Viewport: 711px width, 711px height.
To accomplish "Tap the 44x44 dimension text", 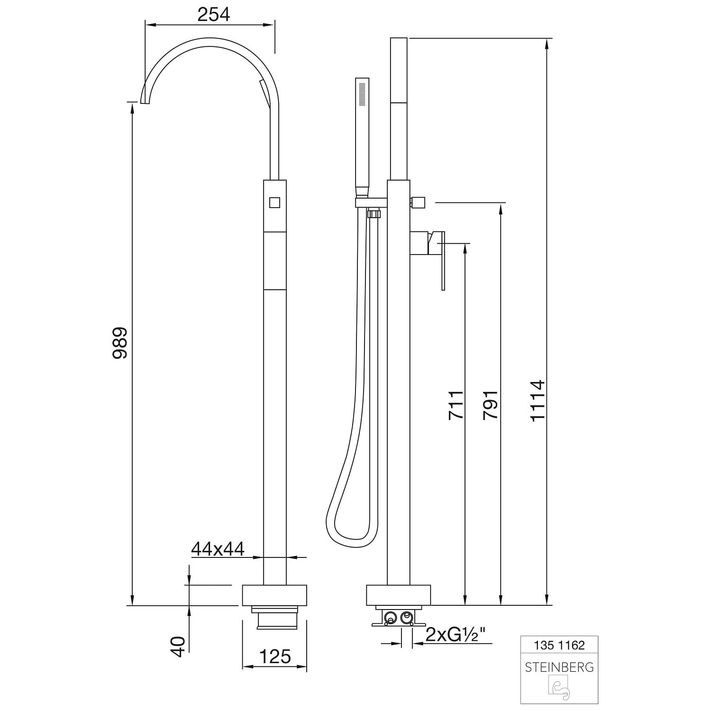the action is [x=218, y=548].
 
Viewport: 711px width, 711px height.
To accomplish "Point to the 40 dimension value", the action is [x=178, y=647].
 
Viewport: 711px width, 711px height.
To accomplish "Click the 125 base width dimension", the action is [x=275, y=656].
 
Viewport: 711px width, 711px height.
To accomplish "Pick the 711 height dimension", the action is [x=456, y=404].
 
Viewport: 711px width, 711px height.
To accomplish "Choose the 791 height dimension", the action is [x=490, y=404].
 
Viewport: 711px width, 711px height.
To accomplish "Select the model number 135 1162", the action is [x=559, y=645].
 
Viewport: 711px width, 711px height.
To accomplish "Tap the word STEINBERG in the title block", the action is [x=559, y=667].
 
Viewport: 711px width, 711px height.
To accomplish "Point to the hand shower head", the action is [x=363, y=137].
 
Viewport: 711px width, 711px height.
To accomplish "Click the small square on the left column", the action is [x=275, y=203].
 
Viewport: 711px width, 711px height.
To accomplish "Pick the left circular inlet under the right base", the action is [x=391, y=618].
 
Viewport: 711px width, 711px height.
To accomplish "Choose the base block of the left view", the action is [x=275, y=595].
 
